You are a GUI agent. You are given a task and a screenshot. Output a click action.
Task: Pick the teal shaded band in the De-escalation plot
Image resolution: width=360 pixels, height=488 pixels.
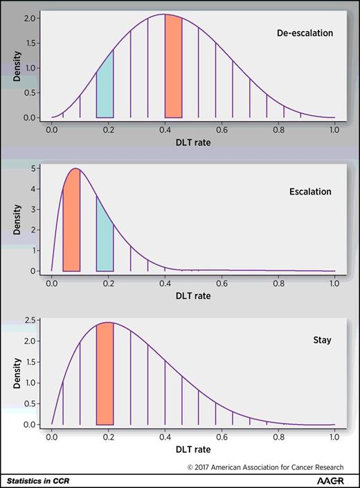tap(105, 90)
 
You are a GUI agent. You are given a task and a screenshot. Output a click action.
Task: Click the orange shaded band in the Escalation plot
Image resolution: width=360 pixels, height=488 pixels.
tap(71, 222)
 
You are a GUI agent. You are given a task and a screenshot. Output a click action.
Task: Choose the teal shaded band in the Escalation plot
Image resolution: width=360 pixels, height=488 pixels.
tap(105, 242)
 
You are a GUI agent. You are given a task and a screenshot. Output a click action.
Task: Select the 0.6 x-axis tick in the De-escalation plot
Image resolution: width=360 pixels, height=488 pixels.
tap(222, 129)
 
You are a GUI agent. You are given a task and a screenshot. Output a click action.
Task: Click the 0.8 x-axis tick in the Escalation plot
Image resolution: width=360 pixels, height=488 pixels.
tap(278, 283)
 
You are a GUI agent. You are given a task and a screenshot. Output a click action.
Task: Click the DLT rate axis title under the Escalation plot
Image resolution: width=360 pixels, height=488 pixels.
tap(192, 296)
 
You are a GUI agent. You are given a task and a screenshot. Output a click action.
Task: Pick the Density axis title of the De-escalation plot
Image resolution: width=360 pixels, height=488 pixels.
tap(15, 66)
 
